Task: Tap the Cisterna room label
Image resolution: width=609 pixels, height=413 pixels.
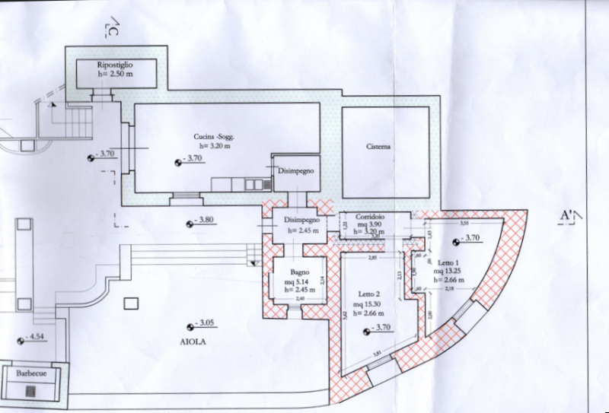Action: coord(378,148)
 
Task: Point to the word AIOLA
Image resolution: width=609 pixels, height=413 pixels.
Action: coord(194,342)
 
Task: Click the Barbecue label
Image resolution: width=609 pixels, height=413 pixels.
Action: coord(33,373)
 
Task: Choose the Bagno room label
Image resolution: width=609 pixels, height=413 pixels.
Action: coord(298,272)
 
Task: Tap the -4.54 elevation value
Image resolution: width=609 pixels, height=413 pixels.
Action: coord(37,337)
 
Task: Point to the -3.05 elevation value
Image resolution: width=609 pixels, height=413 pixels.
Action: coord(206,322)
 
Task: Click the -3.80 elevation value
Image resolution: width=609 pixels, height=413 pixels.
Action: coord(203,221)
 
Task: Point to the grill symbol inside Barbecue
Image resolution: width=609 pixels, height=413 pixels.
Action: coord(30,390)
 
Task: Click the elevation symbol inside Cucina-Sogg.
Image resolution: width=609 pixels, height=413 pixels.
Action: coord(177,160)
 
